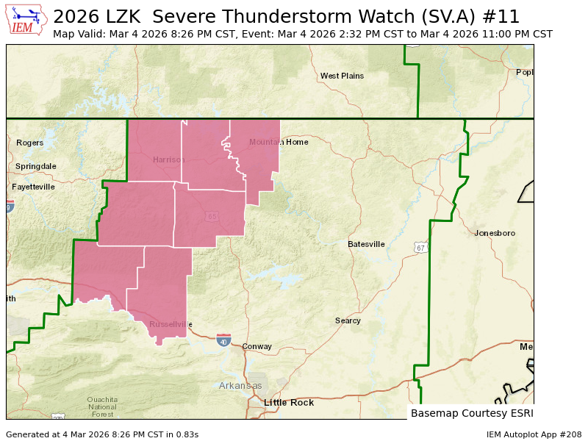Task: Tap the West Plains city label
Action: [x=342, y=76]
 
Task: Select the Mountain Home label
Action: [x=279, y=142]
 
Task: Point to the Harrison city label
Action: [x=168, y=159]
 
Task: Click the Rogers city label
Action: [x=30, y=143]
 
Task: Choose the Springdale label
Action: [x=35, y=166]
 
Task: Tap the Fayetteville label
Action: [x=33, y=187]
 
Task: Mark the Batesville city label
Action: [x=366, y=244]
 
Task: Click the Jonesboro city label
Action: [x=495, y=233]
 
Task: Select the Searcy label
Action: [x=348, y=320]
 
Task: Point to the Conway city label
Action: [x=257, y=346]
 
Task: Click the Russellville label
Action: [x=171, y=324]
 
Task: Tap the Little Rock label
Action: [x=289, y=403]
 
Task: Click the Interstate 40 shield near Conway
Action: [x=223, y=340]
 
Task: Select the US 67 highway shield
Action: [x=419, y=248]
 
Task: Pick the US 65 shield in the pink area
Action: [x=212, y=216]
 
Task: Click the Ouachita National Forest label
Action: [x=102, y=406]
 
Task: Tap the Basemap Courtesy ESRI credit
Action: [x=470, y=413]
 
